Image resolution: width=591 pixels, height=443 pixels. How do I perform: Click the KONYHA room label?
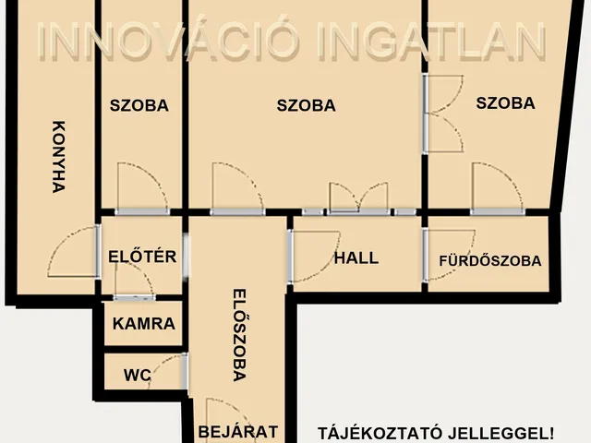point(58,157)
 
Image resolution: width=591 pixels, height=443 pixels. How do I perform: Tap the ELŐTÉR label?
point(142,257)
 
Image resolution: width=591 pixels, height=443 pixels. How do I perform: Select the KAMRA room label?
point(144,324)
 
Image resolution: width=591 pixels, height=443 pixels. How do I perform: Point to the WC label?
point(138,375)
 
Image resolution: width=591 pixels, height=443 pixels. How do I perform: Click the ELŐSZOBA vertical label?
point(239,335)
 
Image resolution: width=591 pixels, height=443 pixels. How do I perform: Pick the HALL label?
point(356,258)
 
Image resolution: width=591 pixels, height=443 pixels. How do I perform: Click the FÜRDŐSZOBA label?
point(490,260)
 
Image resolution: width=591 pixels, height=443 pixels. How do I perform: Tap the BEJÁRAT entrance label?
point(238,432)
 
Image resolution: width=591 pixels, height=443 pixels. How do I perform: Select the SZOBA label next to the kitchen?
point(139,105)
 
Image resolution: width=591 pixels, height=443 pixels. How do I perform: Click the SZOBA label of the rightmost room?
point(505,103)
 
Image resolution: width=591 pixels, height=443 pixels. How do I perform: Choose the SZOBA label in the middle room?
point(306,105)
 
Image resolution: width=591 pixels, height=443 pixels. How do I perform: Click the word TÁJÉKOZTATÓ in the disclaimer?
point(380,433)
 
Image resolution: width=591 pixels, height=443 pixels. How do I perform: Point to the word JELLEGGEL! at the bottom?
point(500,433)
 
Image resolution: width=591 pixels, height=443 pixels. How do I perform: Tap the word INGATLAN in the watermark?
point(432,41)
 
